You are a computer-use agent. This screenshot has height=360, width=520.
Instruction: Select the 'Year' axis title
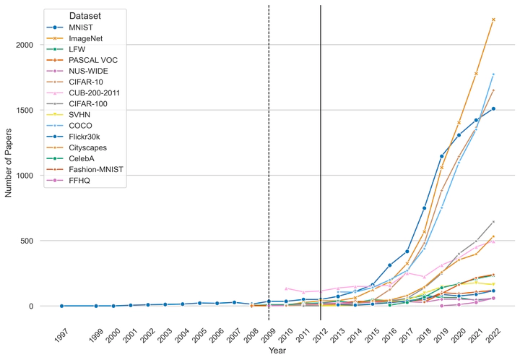click(278, 351)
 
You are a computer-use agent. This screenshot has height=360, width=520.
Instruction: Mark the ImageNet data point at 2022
click(493, 20)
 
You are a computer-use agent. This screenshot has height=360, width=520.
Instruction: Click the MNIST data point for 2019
click(441, 156)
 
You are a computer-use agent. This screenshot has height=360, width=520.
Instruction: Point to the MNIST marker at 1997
click(61, 306)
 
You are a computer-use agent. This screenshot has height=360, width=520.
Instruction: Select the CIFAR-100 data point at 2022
click(493, 222)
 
